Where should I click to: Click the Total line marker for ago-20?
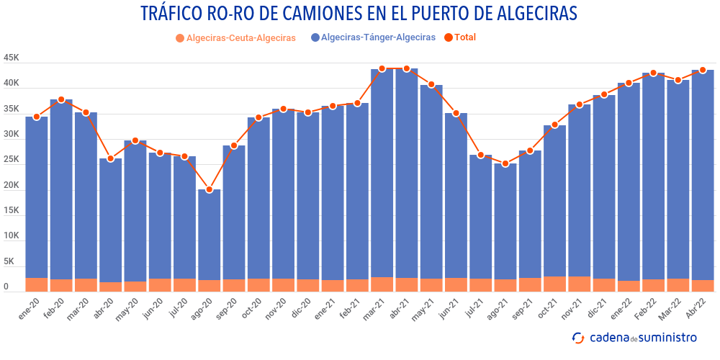[x=209, y=190]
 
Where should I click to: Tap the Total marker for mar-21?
[x=382, y=69]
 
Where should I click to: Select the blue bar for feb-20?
[x=61, y=187]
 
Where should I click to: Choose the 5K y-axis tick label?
[x=11, y=261]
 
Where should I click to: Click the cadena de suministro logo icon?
[x=577, y=338]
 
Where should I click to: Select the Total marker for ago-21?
[x=505, y=164]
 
